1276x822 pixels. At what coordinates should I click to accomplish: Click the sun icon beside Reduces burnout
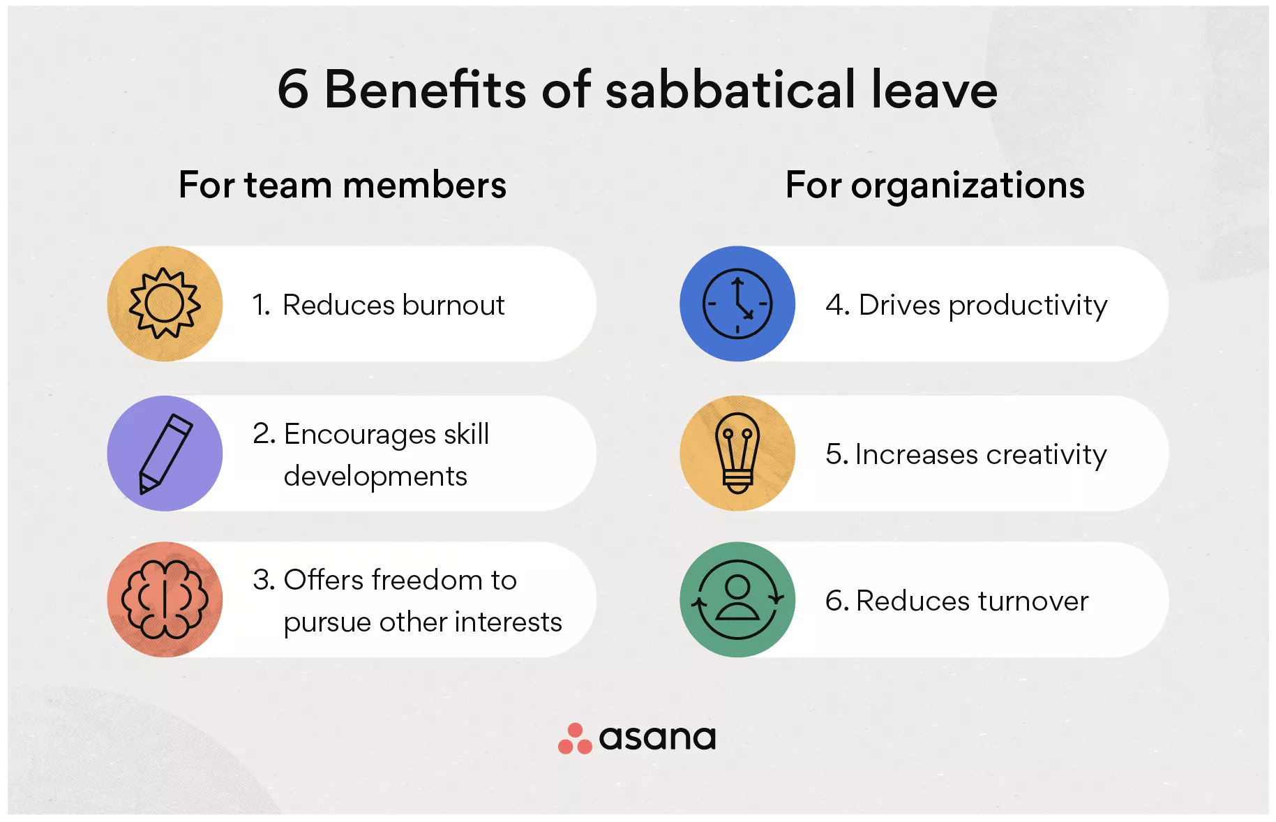pyautogui.click(x=165, y=304)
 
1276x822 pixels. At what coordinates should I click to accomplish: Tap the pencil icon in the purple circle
pyautogui.click(x=166, y=454)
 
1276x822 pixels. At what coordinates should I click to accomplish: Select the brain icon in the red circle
pyautogui.click(x=165, y=599)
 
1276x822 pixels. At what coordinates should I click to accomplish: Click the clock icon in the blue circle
pyautogui.click(x=737, y=304)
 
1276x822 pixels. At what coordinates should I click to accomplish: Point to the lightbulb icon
pyautogui.click(x=737, y=454)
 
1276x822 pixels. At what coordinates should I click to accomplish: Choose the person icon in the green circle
pyautogui.click(x=737, y=599)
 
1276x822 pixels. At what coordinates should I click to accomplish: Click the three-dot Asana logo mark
pyautogui.click(x=575, y=739)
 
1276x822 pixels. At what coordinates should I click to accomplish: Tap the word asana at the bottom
pyautogui.click(x=657, y=738)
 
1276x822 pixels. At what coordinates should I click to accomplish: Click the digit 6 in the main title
pyautogui.click(x=293, y=89)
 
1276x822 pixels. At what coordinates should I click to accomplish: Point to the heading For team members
pyautogui.click(x=343, y=185)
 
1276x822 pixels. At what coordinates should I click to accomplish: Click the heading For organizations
pyautogui.click(x=935, y=186)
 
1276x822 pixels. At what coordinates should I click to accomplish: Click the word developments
pyautogui.click(x=375, y=477)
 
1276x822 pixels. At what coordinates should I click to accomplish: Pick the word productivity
pyautogui.click(x=1028, y=306)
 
